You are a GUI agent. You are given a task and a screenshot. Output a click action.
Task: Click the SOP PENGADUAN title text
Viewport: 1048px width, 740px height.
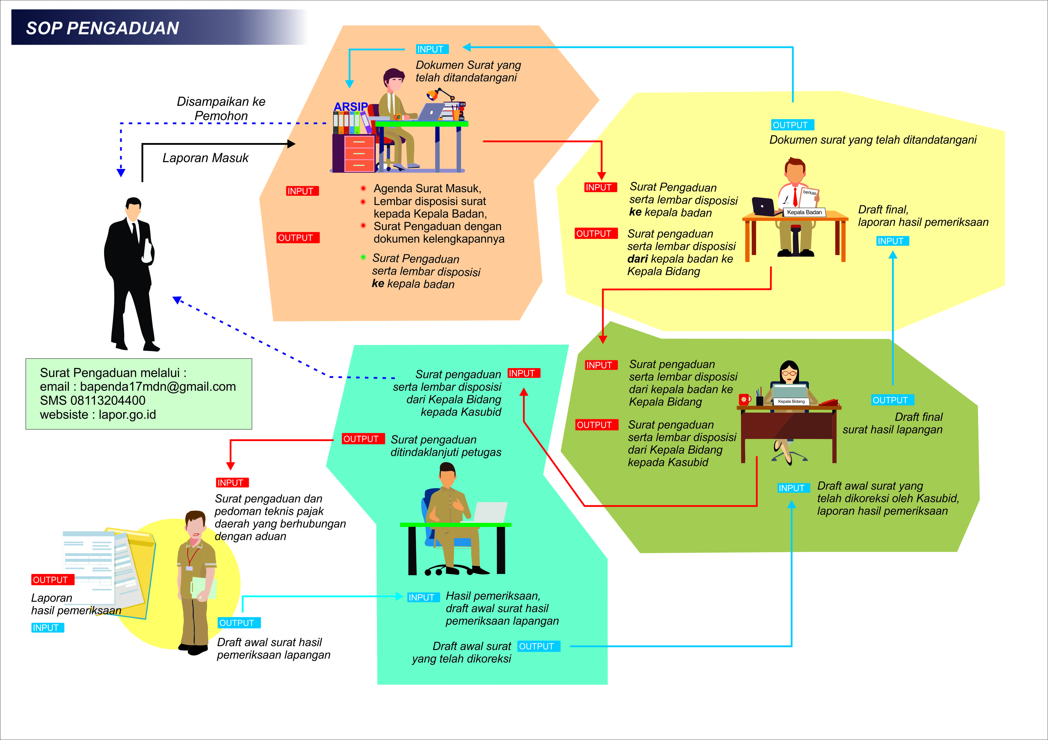tap(102, 28)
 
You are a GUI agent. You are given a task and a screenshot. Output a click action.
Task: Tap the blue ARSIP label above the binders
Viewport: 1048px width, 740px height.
tap(350, 107)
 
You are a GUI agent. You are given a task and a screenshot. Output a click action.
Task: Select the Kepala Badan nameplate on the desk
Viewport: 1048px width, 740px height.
tap(804, 212)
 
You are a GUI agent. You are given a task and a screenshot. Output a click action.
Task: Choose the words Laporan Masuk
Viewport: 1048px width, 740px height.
tap(205, 158)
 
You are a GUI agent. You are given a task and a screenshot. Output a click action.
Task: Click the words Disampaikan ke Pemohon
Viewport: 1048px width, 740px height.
tap(221, 108)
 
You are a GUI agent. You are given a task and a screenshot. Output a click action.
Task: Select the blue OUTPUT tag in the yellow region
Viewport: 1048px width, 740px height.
tap(792, 125)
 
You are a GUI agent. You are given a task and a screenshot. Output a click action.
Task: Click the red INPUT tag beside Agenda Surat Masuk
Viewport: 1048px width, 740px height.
tap(302, 191)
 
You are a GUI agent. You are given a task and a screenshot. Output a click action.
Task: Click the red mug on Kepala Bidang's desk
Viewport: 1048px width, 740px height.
tap(744, 400)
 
